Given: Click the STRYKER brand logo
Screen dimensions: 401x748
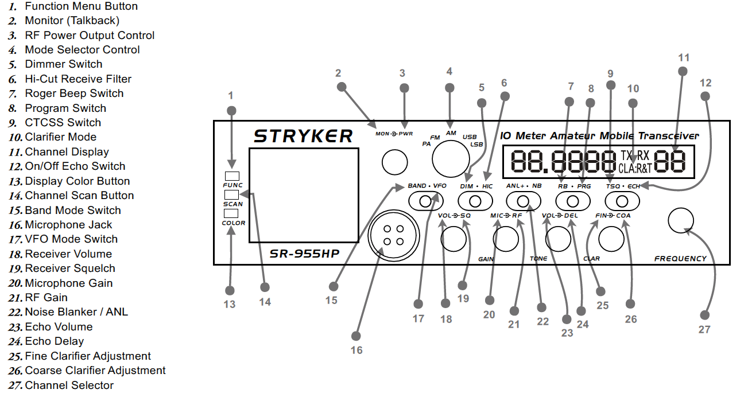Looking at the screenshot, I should (x=303, y=136).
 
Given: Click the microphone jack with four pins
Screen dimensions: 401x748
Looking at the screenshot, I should (x=393, y=233).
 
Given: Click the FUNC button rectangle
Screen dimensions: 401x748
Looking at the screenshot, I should (x=232, y=176).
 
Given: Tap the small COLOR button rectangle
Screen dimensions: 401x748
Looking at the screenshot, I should (x=232, y=213).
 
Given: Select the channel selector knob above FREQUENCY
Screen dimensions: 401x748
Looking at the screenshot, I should (x=681, y=220).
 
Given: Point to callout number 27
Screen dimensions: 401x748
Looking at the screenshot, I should (x=704, y=329).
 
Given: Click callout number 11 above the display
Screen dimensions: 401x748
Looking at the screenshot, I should (x=683, y=57).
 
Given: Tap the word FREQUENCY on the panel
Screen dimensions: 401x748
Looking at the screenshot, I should (x=680, y=259).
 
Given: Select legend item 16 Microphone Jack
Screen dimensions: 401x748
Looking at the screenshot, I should (x=68, y=225).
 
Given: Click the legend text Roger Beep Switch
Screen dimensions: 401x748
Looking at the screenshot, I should (x=74, y=94).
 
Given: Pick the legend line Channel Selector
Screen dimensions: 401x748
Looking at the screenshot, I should (x=69, y=386).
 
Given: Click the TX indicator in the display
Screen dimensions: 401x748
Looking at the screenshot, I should (x=627, y=155).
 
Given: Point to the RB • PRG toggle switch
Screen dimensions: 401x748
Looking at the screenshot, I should (x=573, y=201).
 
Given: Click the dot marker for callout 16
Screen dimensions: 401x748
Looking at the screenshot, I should (x=356, y=335).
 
